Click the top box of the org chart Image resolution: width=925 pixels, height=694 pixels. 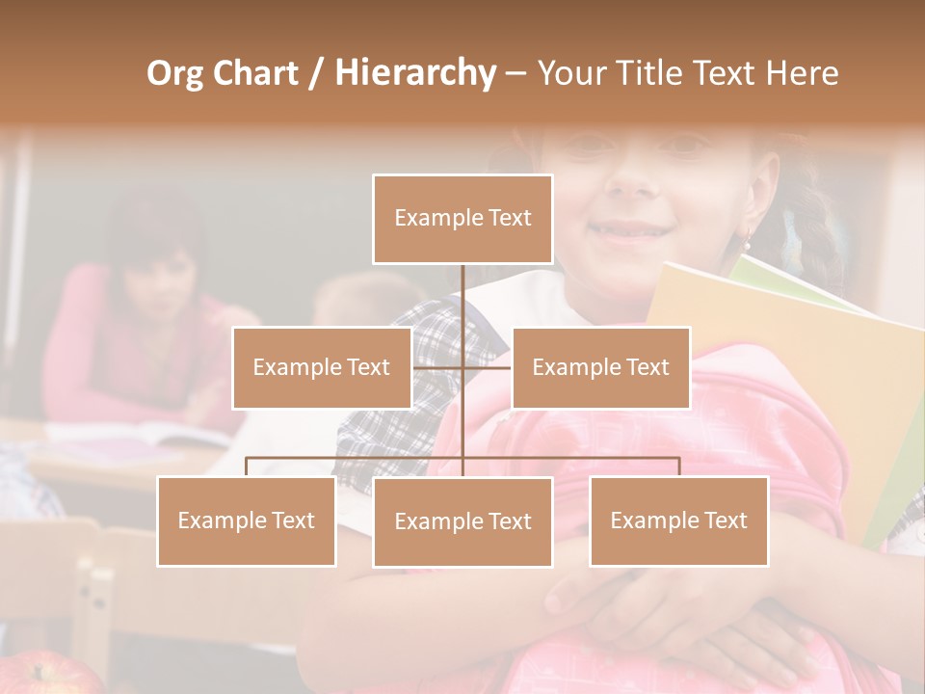[x=462, y=219]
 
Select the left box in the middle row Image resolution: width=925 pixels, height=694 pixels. [x=322, y=367]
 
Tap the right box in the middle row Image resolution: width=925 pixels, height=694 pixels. [x=600, y=367]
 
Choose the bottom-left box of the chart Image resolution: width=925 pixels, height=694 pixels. [x=247, y=520]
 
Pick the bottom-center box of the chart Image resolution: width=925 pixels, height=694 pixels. [x=462, y=521]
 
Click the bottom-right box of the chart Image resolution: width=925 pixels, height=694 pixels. [x=678, y=520]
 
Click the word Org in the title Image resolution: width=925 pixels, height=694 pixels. [x=174, y=74]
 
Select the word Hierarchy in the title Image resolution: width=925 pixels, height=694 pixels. [x=415, y=74]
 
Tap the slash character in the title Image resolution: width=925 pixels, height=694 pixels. [x=316, y=74]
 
